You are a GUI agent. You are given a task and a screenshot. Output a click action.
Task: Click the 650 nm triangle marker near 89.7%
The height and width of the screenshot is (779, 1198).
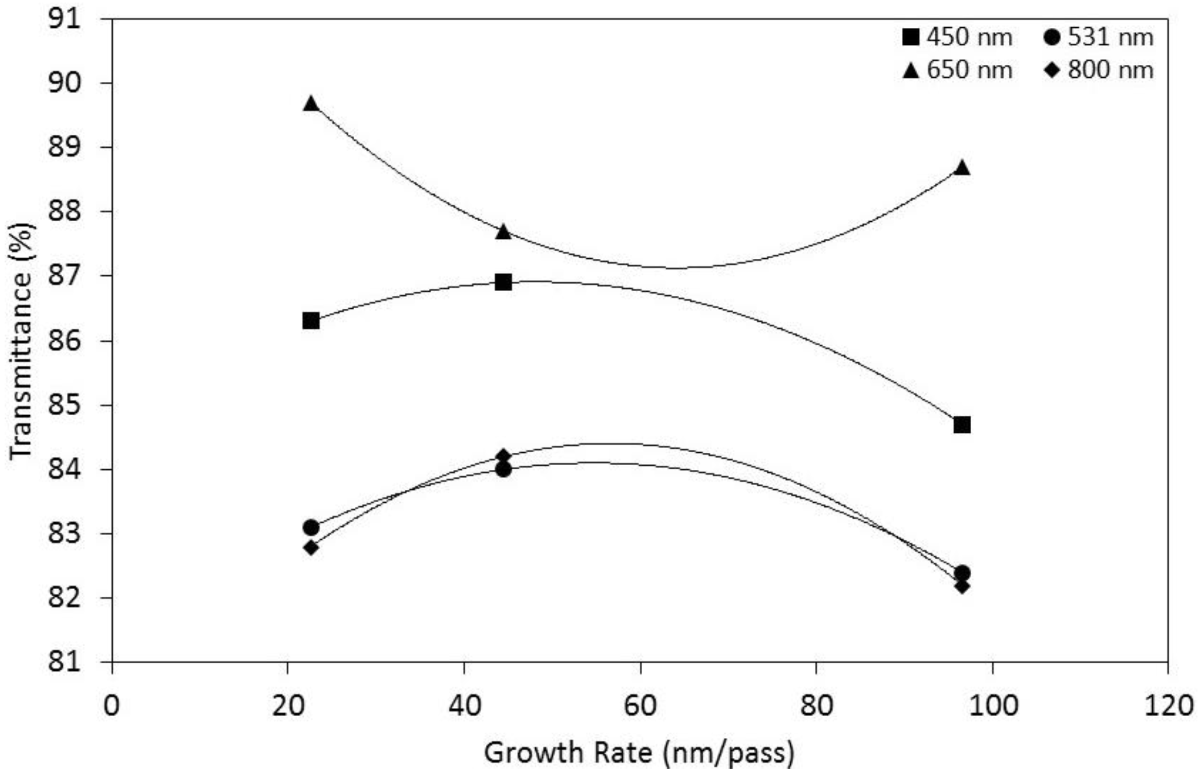311,104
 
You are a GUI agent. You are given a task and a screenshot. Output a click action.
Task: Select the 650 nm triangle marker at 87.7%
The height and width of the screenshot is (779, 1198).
503,232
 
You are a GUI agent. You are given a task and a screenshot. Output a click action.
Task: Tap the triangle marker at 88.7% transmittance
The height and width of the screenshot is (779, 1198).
961,168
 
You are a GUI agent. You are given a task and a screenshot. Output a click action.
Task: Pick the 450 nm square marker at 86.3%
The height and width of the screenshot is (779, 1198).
311,321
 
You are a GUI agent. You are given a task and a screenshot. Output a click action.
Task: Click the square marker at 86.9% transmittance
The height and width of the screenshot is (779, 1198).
503,282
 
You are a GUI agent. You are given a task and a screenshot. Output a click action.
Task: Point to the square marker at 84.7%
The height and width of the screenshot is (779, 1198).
961,424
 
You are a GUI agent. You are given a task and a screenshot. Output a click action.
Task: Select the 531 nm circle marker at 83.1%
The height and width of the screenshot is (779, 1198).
311,527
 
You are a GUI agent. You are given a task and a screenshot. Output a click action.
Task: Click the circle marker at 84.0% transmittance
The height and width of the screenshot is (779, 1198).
503,469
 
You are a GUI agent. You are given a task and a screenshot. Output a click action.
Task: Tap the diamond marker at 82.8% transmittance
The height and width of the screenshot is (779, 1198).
311,547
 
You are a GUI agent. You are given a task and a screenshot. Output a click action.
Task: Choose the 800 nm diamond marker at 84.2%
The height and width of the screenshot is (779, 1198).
503,456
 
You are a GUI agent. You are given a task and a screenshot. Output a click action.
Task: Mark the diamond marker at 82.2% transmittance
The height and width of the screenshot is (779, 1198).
961,586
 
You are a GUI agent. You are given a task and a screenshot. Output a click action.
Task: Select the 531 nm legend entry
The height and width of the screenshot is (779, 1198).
1099,38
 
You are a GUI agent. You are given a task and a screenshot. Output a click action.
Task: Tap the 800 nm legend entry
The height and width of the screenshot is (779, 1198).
1099,70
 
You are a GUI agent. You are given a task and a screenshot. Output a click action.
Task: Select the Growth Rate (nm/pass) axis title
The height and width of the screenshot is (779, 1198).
639,753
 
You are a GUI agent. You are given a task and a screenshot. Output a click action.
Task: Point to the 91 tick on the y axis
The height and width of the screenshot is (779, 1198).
65,19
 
